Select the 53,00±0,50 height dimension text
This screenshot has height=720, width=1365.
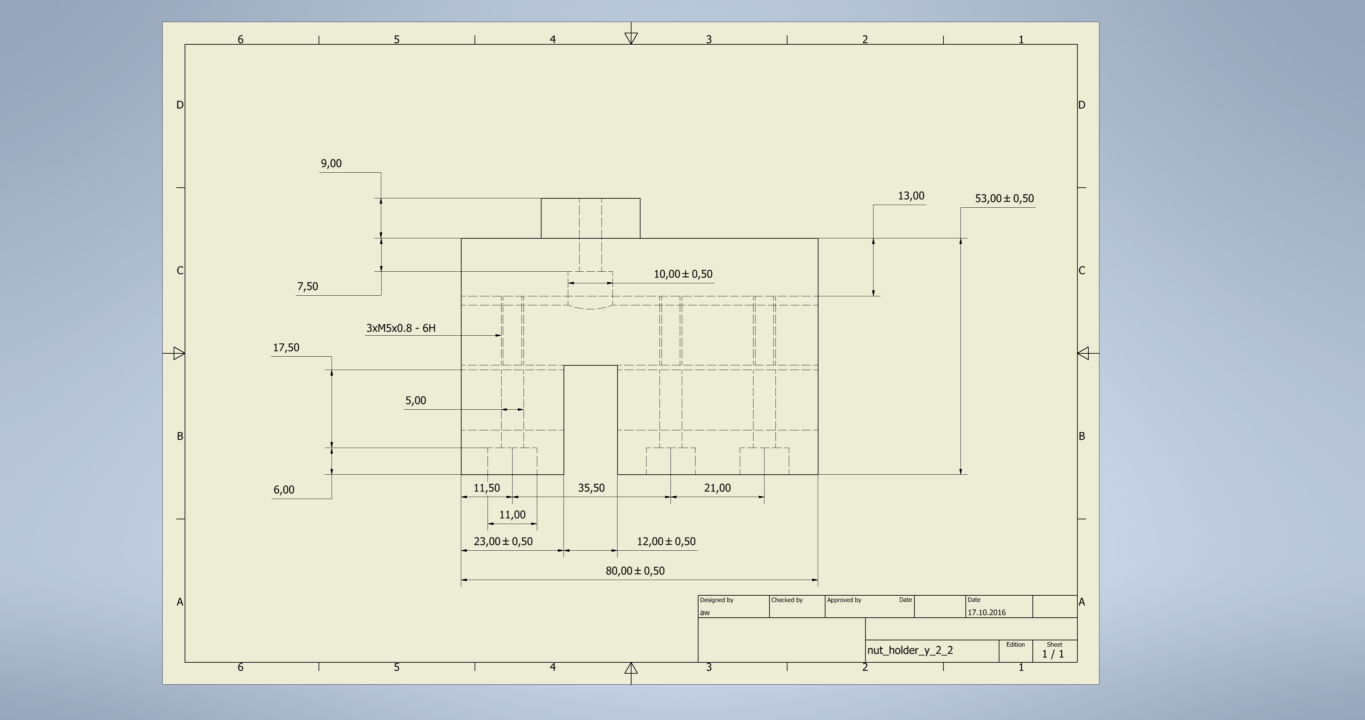coord(1004,199)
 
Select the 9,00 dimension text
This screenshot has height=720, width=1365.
coord(331,164)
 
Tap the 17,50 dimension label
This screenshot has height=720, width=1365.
coord(286,348)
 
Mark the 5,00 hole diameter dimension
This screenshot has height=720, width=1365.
coord(416,401)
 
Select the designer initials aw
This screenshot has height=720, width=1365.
coord(705,612)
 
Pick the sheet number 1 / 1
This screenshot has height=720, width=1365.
coord(1053,654)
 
